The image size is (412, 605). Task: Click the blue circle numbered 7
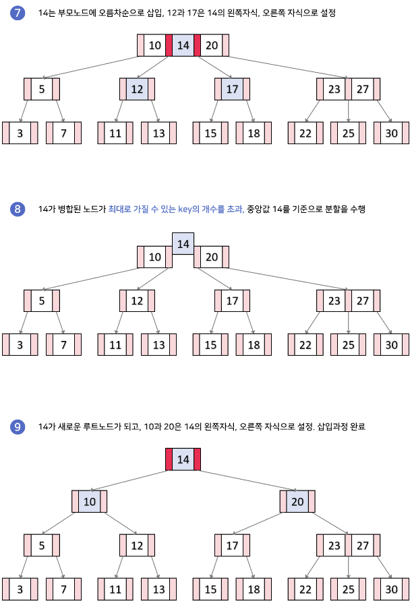point(18,13)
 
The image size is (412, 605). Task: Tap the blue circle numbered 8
point(18,209)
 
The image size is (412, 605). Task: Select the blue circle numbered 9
point(18,426)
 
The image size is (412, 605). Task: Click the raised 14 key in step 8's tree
point(183,244)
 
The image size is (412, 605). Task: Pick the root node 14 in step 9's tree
point(183,459)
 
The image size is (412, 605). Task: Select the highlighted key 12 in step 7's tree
point(137,89)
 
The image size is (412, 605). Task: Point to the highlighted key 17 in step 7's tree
point(232,89)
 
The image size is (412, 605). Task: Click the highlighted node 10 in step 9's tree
point(89,502)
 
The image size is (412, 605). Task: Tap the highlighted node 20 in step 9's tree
point(297,502)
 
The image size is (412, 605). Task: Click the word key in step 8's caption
point(185,210)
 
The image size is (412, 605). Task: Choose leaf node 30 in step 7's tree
point(392,133)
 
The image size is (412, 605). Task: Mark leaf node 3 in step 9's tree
point(20,590)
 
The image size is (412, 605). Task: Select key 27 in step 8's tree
point(362,301)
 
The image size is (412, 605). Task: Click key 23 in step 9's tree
point(334,545)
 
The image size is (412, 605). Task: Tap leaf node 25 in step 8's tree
point(349,344)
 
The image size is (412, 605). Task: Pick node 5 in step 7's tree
point(42,89)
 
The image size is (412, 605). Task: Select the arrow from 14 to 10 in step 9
point(128,481)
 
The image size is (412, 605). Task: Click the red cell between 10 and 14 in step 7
point(169,45)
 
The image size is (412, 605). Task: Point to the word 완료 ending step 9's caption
point(357,426)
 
